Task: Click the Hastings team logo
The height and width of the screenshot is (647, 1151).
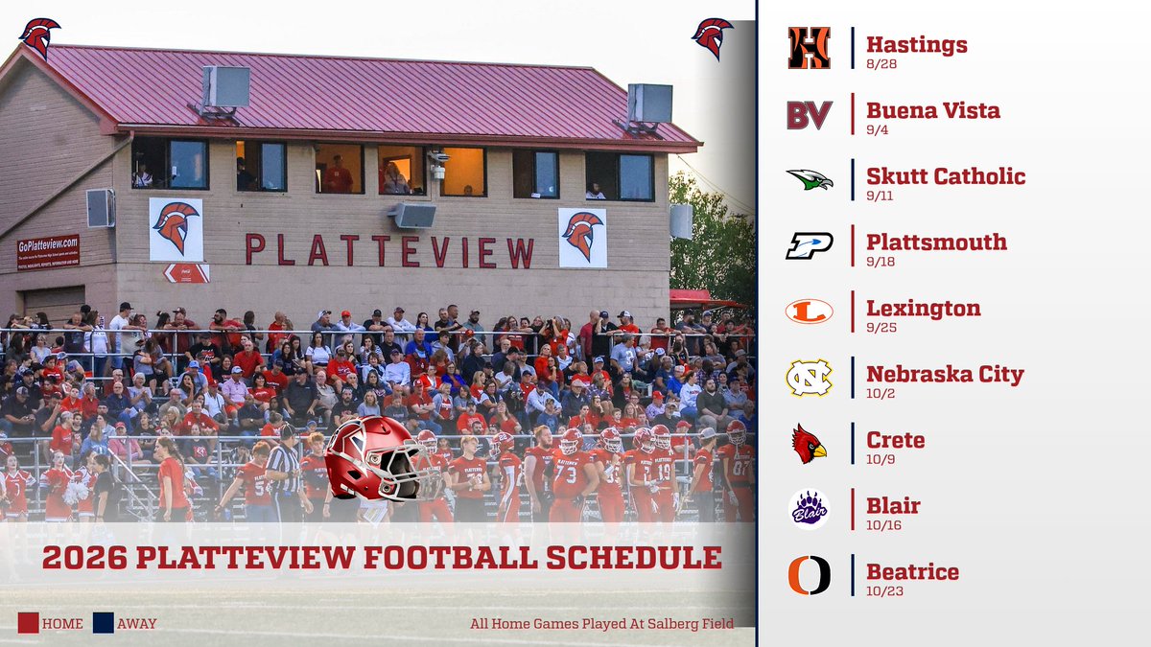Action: pyautogui.click(x=809, y=48)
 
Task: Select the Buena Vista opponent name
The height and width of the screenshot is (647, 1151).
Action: pyautogui.click(x=932, y=110)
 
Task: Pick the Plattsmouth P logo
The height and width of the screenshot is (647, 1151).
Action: pyautogui.click(x=809, y=245)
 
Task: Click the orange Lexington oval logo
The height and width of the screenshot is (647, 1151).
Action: pyautogui.click(x=809, y=312)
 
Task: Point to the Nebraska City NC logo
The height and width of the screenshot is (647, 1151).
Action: pyautogui.click(x=809, y=378)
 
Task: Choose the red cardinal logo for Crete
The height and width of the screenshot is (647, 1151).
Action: pyautogui.click(x=809, y=444)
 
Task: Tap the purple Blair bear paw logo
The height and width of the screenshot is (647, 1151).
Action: pyautogui.click(x=809, y=509)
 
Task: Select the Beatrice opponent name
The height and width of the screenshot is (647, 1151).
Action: pyautogui.click(x=912, y=572)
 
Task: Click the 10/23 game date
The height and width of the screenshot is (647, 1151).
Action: pyautogui.click(x=884, y=591)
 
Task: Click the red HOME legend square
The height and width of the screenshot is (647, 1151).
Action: pyautogui.click(x=28, y=623)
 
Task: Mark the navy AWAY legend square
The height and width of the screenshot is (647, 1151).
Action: pyautogui.click(x=103, y=623)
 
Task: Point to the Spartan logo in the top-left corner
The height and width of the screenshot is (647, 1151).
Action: pyautogui.click(x=39, y=37)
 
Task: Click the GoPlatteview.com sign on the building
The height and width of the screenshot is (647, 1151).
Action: pyautogui.click(x=48, y=251)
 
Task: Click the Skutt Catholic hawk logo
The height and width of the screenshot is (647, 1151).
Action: pyautogui.click(x=809, y=179)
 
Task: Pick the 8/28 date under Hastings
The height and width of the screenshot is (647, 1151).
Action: pyautogui.click(x=881, y=63)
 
